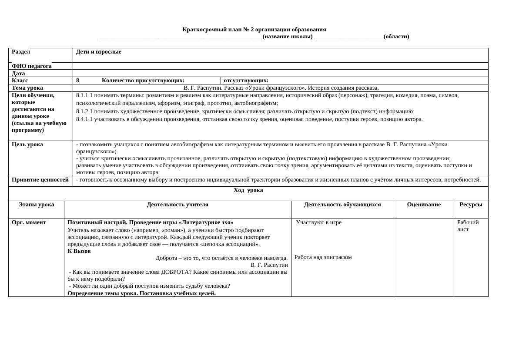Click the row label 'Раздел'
point(21,52)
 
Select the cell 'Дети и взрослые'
point(99,52)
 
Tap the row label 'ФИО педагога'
point(32,66)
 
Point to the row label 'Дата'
point(18,74)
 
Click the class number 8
point(78,81)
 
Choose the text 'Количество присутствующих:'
point(143,81)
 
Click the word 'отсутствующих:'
point(246,81)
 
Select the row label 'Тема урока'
point(27,88)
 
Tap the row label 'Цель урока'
point(27,145)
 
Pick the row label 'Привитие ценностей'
point(40,180)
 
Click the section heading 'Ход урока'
point(248,190)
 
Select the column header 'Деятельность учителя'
point(177,205)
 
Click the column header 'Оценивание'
point(424,205)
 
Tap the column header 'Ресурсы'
point(471,205)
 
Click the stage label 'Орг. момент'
point(29,222)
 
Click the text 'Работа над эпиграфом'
point(323,257)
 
